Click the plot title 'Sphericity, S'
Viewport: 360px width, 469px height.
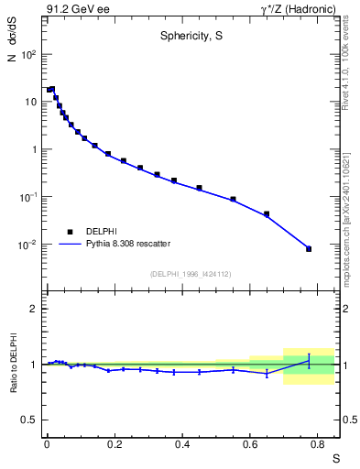(x=191, y=38)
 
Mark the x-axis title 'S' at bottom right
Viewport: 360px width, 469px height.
(x=335, y=456)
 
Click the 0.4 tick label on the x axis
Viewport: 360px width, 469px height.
(x=182, y=444)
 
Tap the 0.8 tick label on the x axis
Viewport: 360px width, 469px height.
(x=318, y=444)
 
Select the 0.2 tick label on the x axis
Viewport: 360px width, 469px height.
(x=115, y=444)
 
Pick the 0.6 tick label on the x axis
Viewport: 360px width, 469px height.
(x=250, y=444)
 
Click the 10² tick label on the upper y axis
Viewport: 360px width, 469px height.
(x=27, y=54)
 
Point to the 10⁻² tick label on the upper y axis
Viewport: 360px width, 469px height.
(x=27, y=245)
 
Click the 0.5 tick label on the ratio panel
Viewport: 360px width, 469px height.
(x=29, y=420)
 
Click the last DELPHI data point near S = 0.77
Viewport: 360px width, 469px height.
(x=309, y=248)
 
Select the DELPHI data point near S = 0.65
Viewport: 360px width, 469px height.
(x=267, y=214)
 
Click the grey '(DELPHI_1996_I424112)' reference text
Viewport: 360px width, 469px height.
(x=191, y=273)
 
